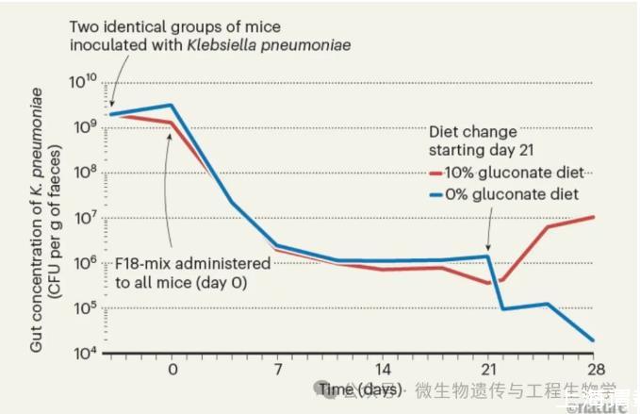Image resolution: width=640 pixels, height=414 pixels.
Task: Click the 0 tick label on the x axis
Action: [172, 370]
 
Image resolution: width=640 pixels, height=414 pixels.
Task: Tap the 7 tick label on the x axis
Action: [277, 370]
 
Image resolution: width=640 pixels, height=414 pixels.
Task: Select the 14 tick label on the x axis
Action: [383, 370]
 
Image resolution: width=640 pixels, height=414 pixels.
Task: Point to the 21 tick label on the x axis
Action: [488, 370]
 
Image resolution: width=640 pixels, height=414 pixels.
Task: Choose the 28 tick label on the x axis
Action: [593, 370]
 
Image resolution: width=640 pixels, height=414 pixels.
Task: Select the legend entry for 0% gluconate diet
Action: [510, 194]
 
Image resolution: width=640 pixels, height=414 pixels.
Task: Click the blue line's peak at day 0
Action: [172, 105]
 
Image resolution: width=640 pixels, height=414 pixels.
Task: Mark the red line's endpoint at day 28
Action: [593, 217]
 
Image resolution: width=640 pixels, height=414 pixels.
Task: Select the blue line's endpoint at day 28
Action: [593, 340]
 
